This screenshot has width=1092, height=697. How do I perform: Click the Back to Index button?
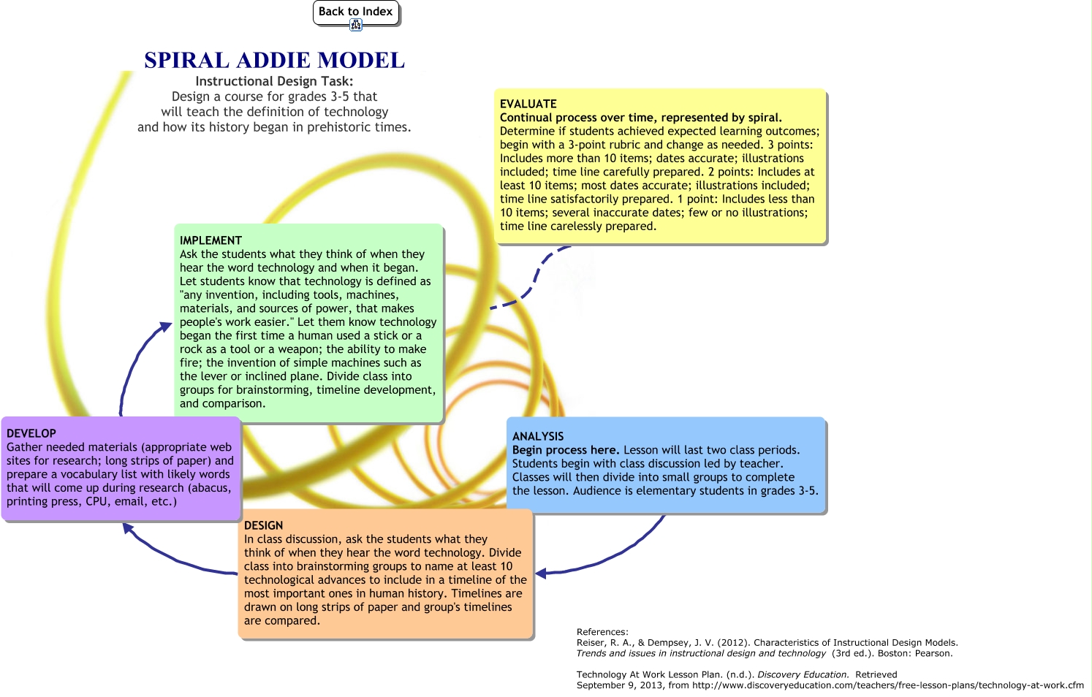coord(355,12)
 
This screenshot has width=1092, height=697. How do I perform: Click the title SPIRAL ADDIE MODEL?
coord(274,60)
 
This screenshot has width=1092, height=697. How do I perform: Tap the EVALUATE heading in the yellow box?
coord(528,104)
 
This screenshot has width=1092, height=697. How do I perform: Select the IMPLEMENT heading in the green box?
coord(211,240)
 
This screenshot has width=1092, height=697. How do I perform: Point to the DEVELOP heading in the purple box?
coord(31,433)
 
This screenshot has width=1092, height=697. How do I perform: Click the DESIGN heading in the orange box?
coord(263,525)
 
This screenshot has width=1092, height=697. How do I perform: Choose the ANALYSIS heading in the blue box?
coord(538,436)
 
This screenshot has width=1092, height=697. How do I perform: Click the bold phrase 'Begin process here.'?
coord(566,450)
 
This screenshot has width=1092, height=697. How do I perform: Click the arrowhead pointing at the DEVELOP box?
coord(128,527)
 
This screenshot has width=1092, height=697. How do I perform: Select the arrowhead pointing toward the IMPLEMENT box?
coord(166,327)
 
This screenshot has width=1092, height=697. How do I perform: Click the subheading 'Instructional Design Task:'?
coord(274,81)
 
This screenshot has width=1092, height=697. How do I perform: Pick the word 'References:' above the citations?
coord(602,632)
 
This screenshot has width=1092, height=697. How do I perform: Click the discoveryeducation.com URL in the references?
coord(888,685)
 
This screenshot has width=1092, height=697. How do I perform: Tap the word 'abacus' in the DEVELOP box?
coord(211,488)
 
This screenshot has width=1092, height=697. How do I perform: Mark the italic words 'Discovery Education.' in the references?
coord(803,674)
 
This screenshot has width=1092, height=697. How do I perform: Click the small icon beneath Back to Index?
coord(356,26)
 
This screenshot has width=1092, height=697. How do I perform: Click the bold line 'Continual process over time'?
coord(640,118)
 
